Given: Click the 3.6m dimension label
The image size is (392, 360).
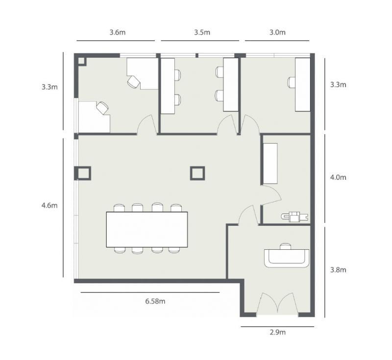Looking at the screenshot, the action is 118,32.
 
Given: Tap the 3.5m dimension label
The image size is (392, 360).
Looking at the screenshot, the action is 202,32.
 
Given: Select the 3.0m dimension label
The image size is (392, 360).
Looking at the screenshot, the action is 277,32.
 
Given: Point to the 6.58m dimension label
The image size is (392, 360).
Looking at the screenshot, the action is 155,301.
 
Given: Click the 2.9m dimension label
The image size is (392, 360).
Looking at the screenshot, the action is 277,332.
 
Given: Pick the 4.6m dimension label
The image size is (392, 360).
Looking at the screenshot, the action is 49,205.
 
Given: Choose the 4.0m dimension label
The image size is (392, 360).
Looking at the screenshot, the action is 338,177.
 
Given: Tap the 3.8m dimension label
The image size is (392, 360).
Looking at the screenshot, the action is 338,270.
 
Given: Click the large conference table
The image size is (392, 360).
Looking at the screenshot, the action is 147,229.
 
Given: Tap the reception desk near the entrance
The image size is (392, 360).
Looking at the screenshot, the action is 287,258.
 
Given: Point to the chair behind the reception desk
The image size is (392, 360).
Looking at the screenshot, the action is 285,246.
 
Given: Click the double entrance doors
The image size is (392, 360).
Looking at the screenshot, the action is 277,303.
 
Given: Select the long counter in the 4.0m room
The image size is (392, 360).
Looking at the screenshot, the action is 270,164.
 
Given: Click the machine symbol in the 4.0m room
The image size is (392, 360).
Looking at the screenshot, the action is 294,216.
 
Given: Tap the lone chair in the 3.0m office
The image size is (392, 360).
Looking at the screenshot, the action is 291,82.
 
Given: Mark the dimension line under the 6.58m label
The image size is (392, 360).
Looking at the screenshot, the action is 150,292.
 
